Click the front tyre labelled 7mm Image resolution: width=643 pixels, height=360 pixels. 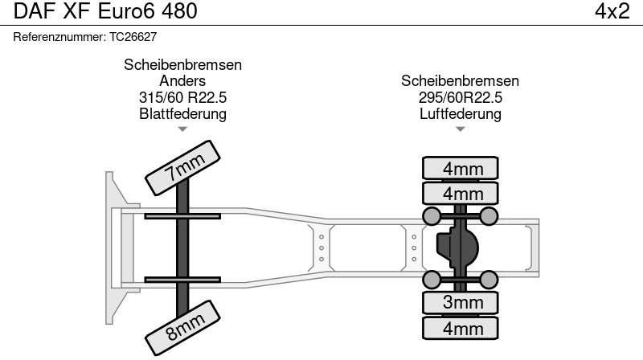click(182, 168)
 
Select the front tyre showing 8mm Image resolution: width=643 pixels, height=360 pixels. click(182, 328)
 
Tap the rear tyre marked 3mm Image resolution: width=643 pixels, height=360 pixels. click(460, 303)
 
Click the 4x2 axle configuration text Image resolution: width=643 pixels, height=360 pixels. click(612, 11)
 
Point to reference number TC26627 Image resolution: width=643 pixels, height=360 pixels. click(133, 37)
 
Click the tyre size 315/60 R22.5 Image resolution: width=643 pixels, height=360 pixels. click(183, 97)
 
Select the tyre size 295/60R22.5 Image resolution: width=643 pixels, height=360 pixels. click(460, 97)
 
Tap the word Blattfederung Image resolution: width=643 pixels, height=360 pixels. click(183, 113)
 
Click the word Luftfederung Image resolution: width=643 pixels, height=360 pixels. click(460, 113)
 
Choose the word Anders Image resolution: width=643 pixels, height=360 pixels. click(182, 81)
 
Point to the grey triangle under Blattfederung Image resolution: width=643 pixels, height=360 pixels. click(182, 129)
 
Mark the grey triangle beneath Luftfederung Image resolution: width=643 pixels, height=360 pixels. click(460, 129)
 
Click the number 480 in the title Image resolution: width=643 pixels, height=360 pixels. click(179, 11)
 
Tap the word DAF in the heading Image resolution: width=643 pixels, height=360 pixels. click(35, 11)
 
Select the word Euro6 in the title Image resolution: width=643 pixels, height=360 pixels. click(126, 11)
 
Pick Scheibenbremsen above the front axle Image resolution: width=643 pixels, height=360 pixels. click(183, 65)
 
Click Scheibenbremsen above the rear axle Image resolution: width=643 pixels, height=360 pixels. click(460, 81)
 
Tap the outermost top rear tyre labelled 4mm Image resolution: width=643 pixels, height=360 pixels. click(460, 168)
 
